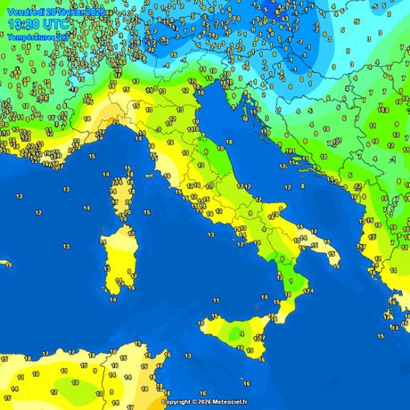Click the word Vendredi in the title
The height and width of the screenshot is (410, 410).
pyautogui.click(x=24, y=7)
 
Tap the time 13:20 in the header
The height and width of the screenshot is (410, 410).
pyautogui.click(x=21, y=22)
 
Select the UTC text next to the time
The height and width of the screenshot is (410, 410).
pyautogui.click(x=56, y=22)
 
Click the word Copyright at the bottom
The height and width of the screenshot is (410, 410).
pyautogui.click(x=176, y=402)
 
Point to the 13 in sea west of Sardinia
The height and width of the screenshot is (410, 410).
pyautogui.click(x=37, y=213)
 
